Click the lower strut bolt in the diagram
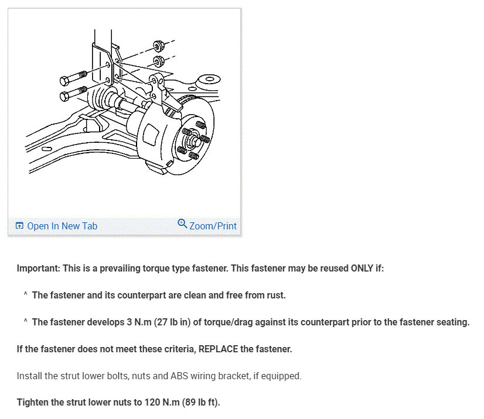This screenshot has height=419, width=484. [x=73, y=93]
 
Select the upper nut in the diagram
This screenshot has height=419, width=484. [x=157, y=46]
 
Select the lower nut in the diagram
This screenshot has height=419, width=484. [x=157, y=60]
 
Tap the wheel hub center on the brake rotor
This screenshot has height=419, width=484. [x=193, y=140]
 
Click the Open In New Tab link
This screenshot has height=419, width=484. [x=62, y=226]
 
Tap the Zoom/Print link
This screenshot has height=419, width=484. [x=213, y=226]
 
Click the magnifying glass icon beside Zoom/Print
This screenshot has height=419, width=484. [x=182, y=224]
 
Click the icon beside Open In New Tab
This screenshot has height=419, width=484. [x=20, y=226]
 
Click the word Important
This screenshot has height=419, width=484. [x=39, y=269]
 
